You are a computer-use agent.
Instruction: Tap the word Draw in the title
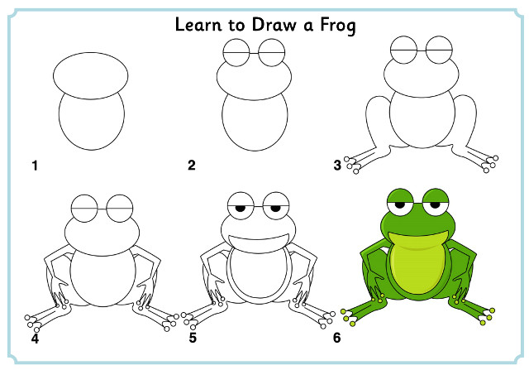click(274, 25)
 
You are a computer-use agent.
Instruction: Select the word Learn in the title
click(198, 25)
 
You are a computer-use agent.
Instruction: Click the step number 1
click(35, 166)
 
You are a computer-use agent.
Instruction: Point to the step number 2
click(192, 166)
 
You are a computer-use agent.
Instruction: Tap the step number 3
click(337, 166)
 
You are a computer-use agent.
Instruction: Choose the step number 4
click(35, 338)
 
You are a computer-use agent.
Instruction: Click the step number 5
click(193, 338)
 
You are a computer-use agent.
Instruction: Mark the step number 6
click(337, 338)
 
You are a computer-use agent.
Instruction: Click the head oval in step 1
click(90, 53)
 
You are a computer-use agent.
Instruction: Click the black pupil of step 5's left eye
click(241, 208)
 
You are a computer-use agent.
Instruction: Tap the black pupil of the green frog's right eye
click(436, 204)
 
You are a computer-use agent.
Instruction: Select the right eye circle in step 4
click(119, 195)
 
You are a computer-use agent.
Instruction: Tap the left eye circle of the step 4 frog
click(84, 195)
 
